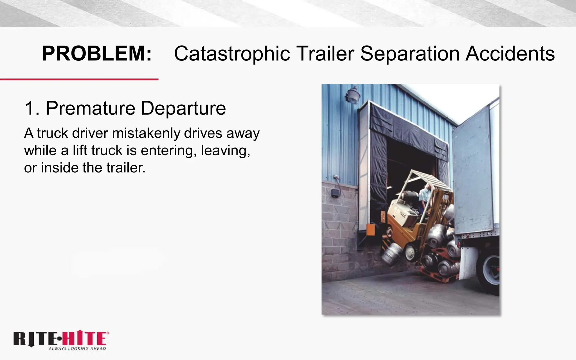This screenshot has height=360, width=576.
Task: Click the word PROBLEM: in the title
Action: pos(97,53)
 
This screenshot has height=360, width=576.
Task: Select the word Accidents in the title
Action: pos(510,53)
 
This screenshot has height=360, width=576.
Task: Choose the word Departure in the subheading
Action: pos(183,109)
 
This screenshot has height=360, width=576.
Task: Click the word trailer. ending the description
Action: pos(126,168)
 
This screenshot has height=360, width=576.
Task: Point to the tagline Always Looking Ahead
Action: pos(77,349)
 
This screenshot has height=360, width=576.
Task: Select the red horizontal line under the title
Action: pos(79,80)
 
